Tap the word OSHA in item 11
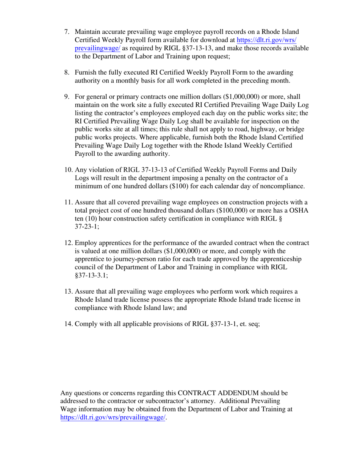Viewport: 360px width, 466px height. [300, 210]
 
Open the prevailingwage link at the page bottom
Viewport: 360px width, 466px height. [113, 417]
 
